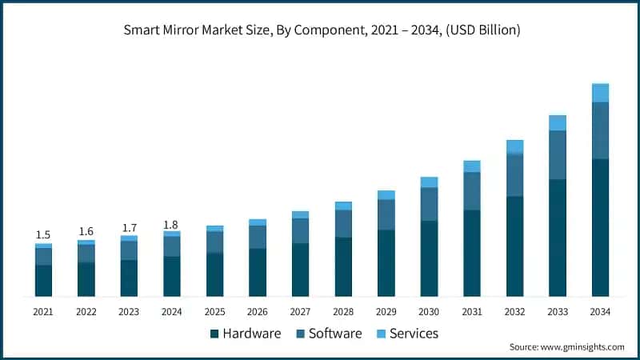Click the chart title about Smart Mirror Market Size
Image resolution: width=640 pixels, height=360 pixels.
point(321,30)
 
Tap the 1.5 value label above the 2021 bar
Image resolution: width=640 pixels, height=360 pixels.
point(43,234)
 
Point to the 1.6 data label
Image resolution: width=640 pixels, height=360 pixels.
point(86,231)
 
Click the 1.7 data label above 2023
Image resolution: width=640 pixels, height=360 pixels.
point(129,228)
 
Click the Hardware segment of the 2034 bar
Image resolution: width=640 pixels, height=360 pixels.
point(600,227)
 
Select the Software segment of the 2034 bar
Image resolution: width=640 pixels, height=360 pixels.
point(600,130)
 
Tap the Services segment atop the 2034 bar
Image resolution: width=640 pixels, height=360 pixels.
point(600,93)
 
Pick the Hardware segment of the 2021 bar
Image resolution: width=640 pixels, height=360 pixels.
point(43,280)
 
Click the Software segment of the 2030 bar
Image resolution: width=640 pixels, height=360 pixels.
point(429,204)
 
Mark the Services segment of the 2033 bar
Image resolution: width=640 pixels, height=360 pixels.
point(558,122)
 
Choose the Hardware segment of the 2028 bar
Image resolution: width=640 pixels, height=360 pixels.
point(343,266)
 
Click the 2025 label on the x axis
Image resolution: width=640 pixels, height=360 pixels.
point(214,311)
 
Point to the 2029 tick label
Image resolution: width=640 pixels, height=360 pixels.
point(386,311)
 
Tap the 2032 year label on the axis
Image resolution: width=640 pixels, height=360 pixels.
point(514,311)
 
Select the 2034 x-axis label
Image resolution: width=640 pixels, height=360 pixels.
point(600,311)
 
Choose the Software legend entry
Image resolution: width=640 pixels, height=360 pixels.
point(328,334)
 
